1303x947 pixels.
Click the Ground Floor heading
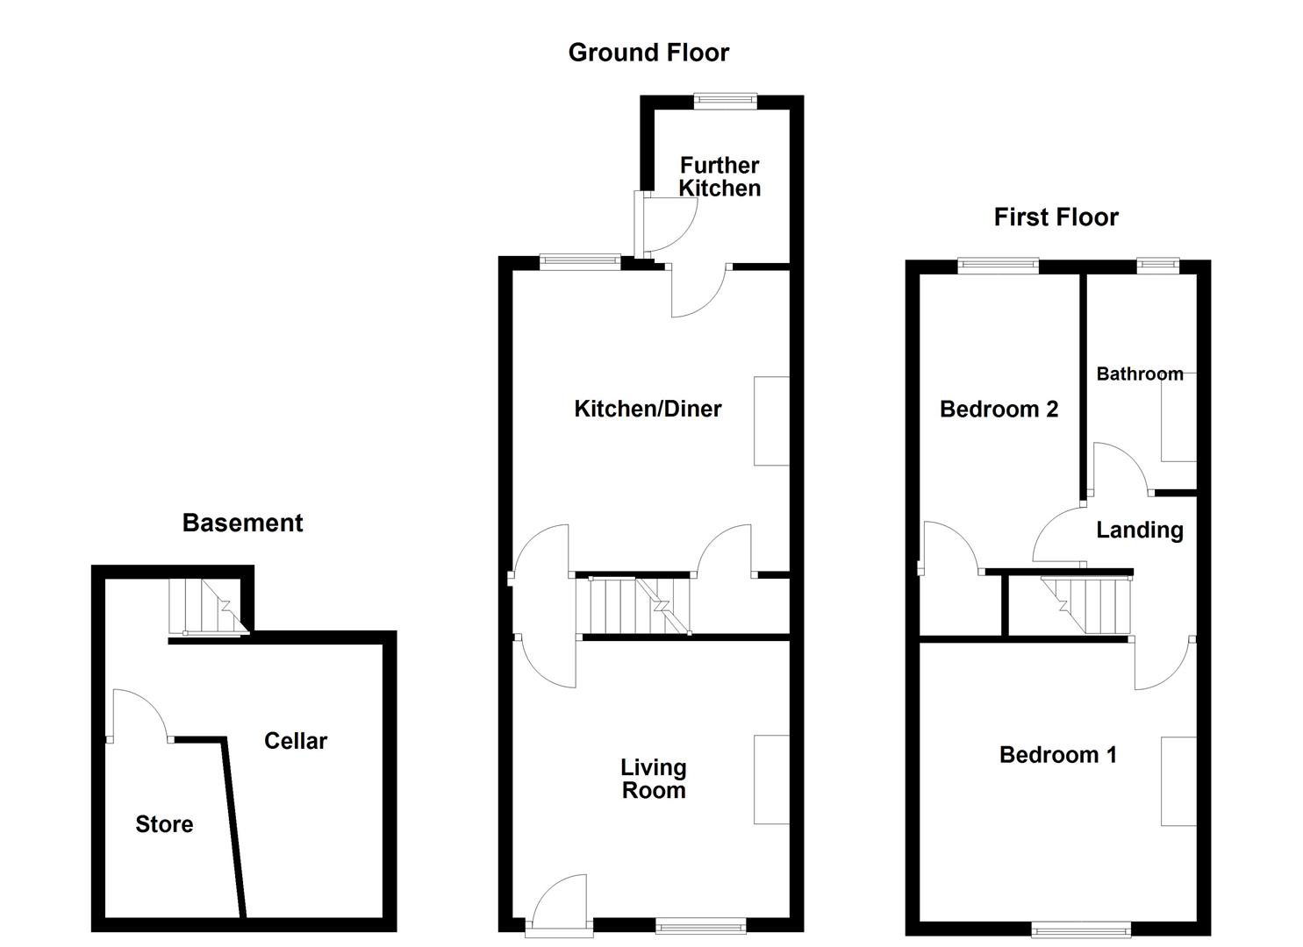point(648,53)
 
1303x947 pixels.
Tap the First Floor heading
point(1056,217)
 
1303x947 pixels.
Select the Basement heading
point(242,523)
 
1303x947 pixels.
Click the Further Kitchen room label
point(720,177)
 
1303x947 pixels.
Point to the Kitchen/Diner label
point(648,409)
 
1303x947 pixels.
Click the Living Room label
point(654,779)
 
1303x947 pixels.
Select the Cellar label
point(296,741)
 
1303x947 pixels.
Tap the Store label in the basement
point(164,824)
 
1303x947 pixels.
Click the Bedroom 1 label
point(1057,755)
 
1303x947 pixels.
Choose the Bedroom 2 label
point(999,409)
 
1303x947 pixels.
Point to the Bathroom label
point(1140,374)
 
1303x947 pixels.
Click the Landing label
point(1140,530)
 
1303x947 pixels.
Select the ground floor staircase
point(633,605)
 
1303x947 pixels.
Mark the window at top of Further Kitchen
point(725,101)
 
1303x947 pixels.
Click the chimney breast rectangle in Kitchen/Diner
point(771,421)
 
